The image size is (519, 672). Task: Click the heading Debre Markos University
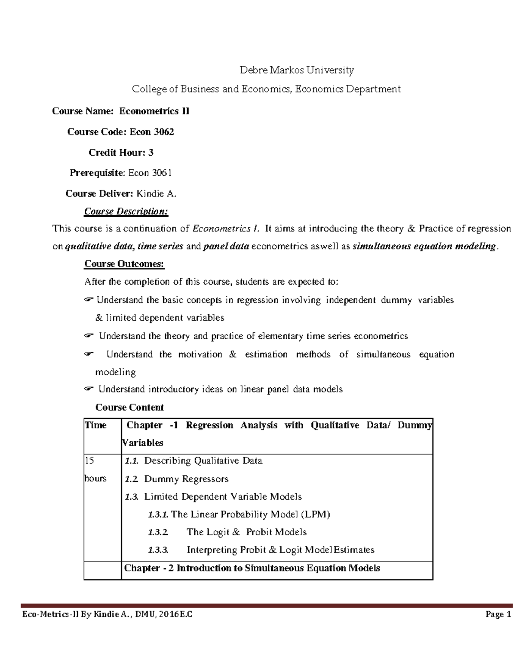point(297,70)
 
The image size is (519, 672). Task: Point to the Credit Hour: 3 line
point(121,153)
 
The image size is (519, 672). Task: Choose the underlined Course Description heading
point(126,212)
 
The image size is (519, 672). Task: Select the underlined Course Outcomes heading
point(124,264)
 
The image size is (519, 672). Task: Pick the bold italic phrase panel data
point(226,247)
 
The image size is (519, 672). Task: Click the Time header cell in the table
point(96,425)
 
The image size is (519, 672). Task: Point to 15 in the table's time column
point(89,461)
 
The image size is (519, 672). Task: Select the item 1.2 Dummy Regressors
point(176,479)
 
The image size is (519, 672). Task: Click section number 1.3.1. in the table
point(158,514)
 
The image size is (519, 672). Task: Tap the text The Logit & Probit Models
point(247,532)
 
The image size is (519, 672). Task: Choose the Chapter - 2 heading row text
point(252,568)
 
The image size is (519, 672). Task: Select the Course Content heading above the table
point(129,408)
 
